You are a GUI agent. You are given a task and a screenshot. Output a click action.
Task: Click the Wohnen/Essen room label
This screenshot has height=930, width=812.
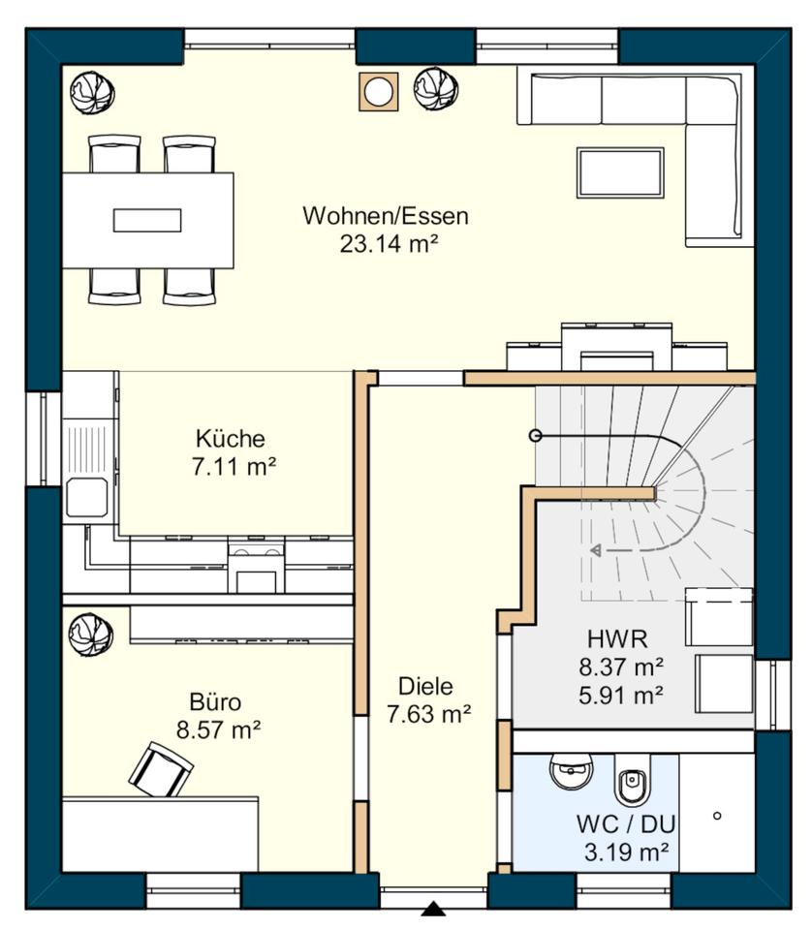click(386, 216)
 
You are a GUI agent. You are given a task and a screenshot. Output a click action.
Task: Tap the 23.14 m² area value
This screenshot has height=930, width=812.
click(390, 244)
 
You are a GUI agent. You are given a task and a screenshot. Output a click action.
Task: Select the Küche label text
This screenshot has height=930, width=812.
click(231, 439)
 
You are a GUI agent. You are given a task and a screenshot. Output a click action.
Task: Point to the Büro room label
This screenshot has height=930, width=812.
click(215, 702)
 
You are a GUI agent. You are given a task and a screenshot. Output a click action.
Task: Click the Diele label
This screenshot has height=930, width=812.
click(426, 686)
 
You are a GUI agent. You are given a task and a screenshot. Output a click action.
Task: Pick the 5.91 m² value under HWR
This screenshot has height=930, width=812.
click(621, 695)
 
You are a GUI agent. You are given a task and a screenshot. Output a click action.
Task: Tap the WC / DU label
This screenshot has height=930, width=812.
click(626, 824)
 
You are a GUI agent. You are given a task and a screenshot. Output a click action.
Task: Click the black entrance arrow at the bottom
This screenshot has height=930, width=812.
click(433, 909)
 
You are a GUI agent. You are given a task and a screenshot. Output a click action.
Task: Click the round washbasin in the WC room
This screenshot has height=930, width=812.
click(572, 771)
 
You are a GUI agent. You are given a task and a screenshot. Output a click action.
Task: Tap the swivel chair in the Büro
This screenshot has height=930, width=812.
click(161, 768)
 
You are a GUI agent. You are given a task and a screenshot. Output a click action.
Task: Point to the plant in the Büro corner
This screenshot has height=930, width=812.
click(91, 634)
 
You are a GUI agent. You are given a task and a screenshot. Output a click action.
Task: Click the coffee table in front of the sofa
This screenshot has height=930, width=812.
click(620, 172)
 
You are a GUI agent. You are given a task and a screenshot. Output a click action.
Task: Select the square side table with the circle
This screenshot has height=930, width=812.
click(378, 91)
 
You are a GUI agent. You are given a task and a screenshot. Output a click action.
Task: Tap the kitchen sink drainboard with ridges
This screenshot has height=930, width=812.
click(88, 447)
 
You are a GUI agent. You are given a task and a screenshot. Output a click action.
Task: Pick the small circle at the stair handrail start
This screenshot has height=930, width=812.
click(535, 436)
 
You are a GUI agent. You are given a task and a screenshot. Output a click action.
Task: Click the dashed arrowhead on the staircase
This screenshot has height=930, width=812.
click(596, 550)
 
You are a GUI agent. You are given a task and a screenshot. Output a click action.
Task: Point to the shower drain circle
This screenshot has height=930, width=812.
click(717, 816)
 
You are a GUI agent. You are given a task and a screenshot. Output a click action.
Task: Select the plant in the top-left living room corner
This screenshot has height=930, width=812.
click(92, 92)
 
